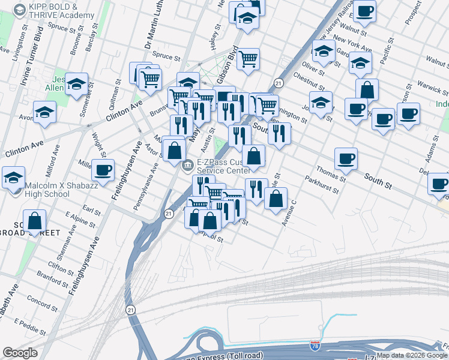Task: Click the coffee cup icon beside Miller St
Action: click(x=104, y=170)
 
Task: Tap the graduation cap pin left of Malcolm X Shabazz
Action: click(x=13, y=178)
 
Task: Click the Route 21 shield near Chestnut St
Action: click(x=279, y=82)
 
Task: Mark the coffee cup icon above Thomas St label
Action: click(x=346, y=158)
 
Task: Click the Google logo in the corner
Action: click(x=20, y=353)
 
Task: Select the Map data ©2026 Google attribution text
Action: click(x=412, y=355)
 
